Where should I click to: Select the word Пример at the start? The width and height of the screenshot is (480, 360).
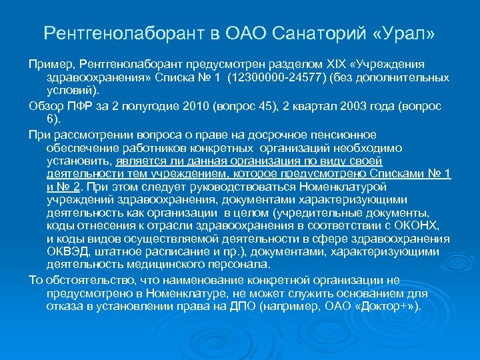coord(50,63)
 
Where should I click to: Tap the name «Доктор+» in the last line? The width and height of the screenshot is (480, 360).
coord(385,307)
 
